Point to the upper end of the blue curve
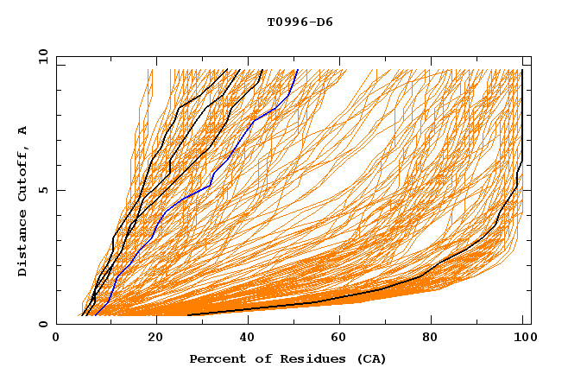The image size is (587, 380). point(297,70)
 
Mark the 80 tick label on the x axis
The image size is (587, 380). point(437,339)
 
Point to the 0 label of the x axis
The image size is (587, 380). point(57,339)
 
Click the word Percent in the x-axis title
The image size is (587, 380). point(213,358)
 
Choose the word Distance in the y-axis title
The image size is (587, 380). point(22,246)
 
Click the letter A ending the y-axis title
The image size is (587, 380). point(22,130)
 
